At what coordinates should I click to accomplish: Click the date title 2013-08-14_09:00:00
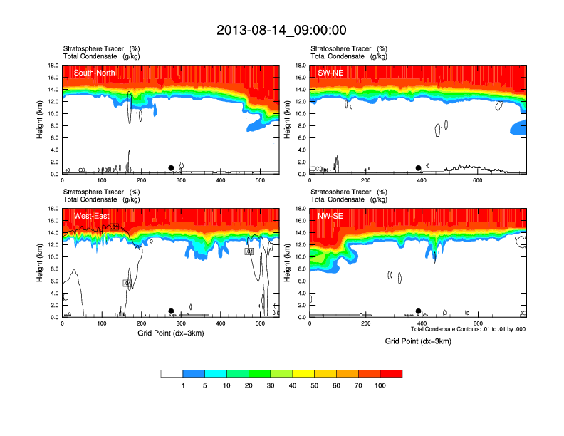281,30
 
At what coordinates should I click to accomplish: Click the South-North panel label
93,73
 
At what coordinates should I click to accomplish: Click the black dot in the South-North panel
171,168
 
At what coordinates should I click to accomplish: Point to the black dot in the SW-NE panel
418,168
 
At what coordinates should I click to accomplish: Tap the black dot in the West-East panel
171,311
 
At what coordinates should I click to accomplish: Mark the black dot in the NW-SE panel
418,311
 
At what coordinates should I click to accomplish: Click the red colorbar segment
391,373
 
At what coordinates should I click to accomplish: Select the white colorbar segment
172,373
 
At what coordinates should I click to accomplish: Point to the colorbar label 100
380,385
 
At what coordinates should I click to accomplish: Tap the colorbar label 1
183,385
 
